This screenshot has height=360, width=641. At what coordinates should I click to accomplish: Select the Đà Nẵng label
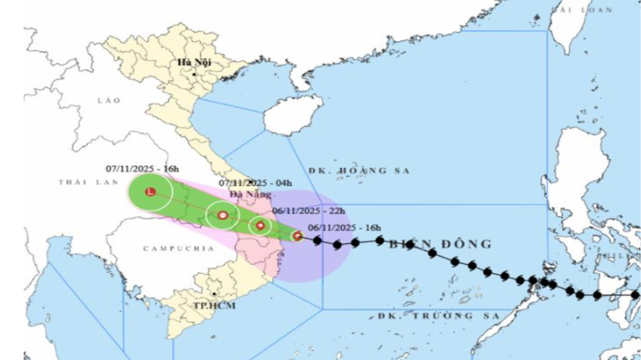[x=250, y=194]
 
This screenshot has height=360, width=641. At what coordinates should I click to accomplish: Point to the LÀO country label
[x=108, y=101]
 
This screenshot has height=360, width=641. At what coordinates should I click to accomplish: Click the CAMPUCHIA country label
[x=168, y=248]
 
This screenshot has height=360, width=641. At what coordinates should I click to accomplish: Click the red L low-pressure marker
[x=150, y=191]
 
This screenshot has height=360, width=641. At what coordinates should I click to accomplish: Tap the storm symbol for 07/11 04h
[x=223, y=214]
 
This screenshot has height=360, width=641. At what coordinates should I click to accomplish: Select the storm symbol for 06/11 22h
[x=260, y=225]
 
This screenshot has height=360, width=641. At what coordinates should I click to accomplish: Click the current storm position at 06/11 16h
[x=297, y=235]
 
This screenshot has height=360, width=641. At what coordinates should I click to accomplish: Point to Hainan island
[x=294, y=116]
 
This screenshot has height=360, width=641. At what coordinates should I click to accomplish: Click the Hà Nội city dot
[x=193, y=74]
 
